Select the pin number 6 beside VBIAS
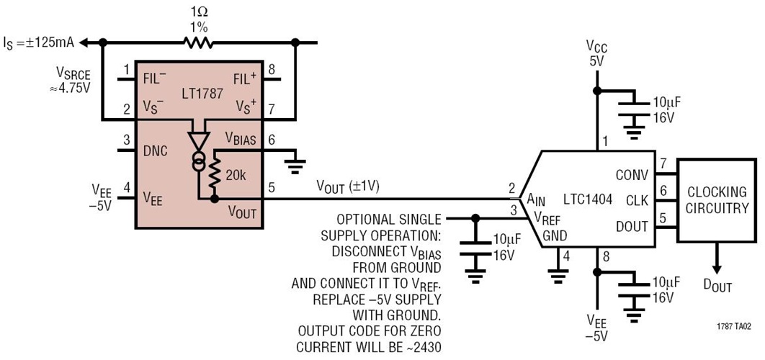click(x=272, y=140)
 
